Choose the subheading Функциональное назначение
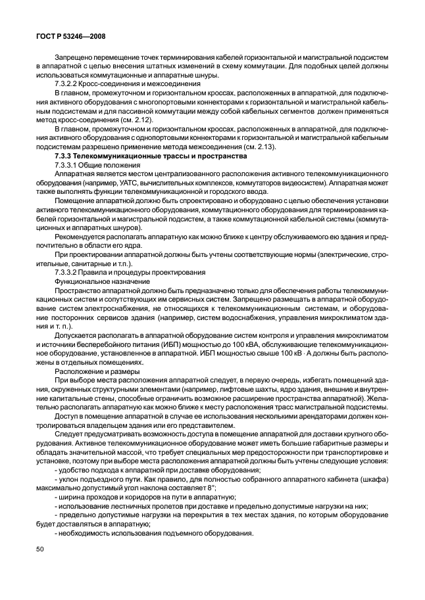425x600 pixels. (x=97, y=281)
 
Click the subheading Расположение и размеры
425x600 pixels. (x=92, y=371)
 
